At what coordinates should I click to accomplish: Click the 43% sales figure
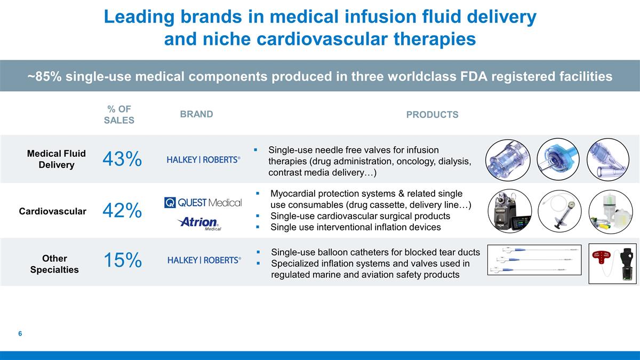point(122,159)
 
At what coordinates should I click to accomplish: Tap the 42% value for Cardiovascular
point(122,211)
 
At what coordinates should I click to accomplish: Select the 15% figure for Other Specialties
point(122,260)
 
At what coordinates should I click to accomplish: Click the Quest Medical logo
point(203,203)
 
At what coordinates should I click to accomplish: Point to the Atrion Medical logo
point(199,223)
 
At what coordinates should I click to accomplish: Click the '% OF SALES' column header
point(119,115)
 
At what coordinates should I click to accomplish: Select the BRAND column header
point(196,114)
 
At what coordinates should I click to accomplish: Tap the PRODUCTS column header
point(432,115)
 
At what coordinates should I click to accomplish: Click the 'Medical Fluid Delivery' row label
point(57,159)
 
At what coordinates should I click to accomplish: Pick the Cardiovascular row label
point(53,211)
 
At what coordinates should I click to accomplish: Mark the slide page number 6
point(20,334)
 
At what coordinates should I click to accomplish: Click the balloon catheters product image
point(534,260)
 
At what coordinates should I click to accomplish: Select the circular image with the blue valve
point(558,160)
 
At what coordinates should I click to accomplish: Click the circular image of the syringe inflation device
point(559,211)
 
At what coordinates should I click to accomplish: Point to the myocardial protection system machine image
point(510,211)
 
